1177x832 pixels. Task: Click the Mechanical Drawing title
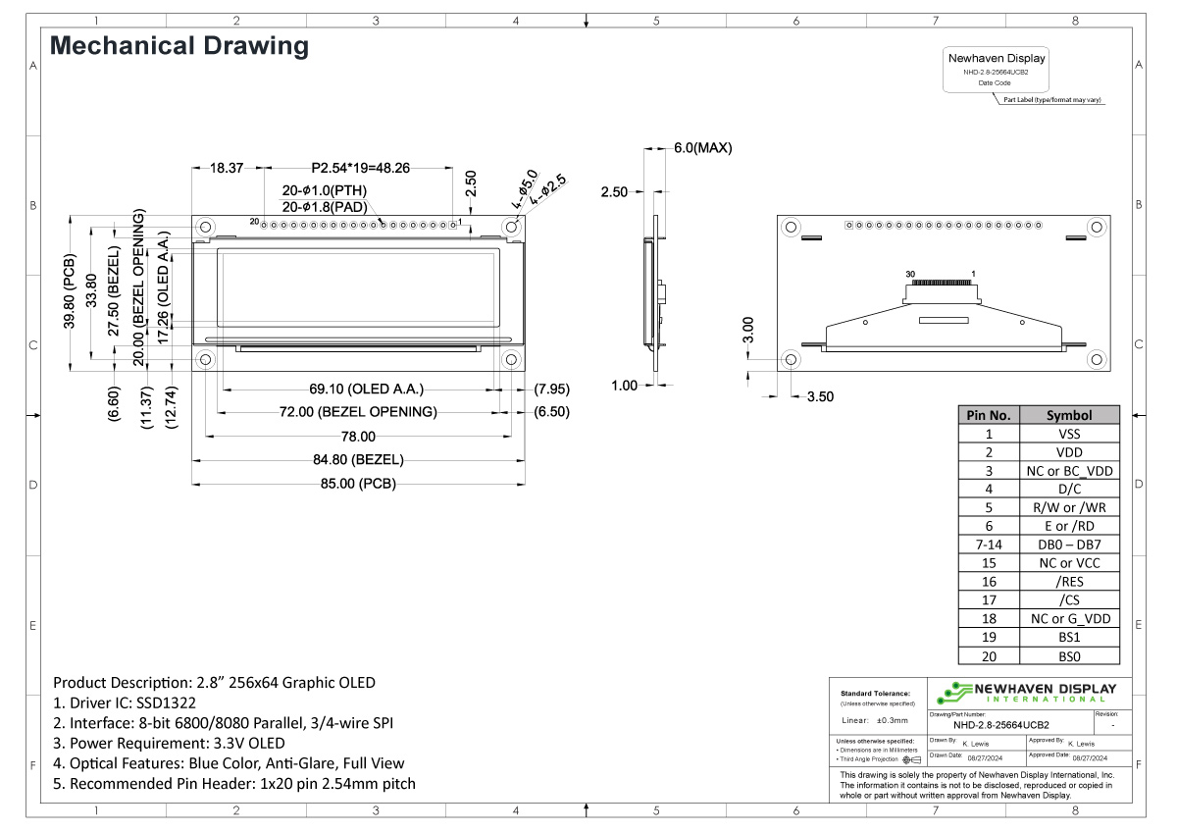tap(179, 45)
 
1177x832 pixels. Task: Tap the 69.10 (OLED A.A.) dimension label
tap(353, 389)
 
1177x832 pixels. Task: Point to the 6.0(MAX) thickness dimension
tap(702, 148)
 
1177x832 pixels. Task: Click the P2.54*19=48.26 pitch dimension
tap(360, 168)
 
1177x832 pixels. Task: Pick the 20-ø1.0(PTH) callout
tap(324, 190)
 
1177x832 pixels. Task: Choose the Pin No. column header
tap(989, 415)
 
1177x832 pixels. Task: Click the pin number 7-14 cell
tap(989, 545)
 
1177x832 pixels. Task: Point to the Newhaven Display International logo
tap(1026, 692)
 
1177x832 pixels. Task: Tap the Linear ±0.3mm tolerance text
tap(876, 720)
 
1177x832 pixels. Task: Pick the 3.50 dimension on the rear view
tap(820, 397)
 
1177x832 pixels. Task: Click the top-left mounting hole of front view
tap(206, 227)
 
